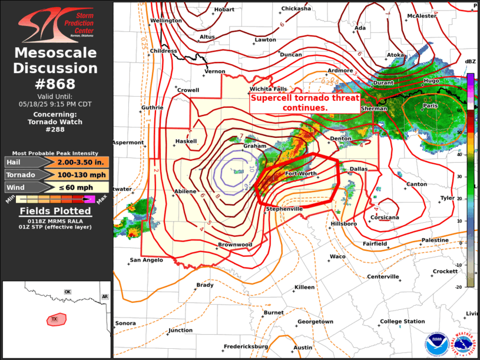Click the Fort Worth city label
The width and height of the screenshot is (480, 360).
[300, 174]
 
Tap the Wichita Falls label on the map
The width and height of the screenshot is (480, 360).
[268, 89]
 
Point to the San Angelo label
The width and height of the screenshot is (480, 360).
[146, 260]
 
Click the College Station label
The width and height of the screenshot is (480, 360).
[402, 321]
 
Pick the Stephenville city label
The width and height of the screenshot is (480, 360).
[284, 209]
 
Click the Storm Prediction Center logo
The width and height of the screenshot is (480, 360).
[56, 21]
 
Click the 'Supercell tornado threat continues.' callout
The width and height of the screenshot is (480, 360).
[304, 103]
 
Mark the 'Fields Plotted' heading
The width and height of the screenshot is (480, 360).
[56, 211]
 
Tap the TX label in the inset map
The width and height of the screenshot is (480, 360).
[55, 319]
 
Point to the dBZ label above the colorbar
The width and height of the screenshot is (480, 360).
[470, 61]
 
